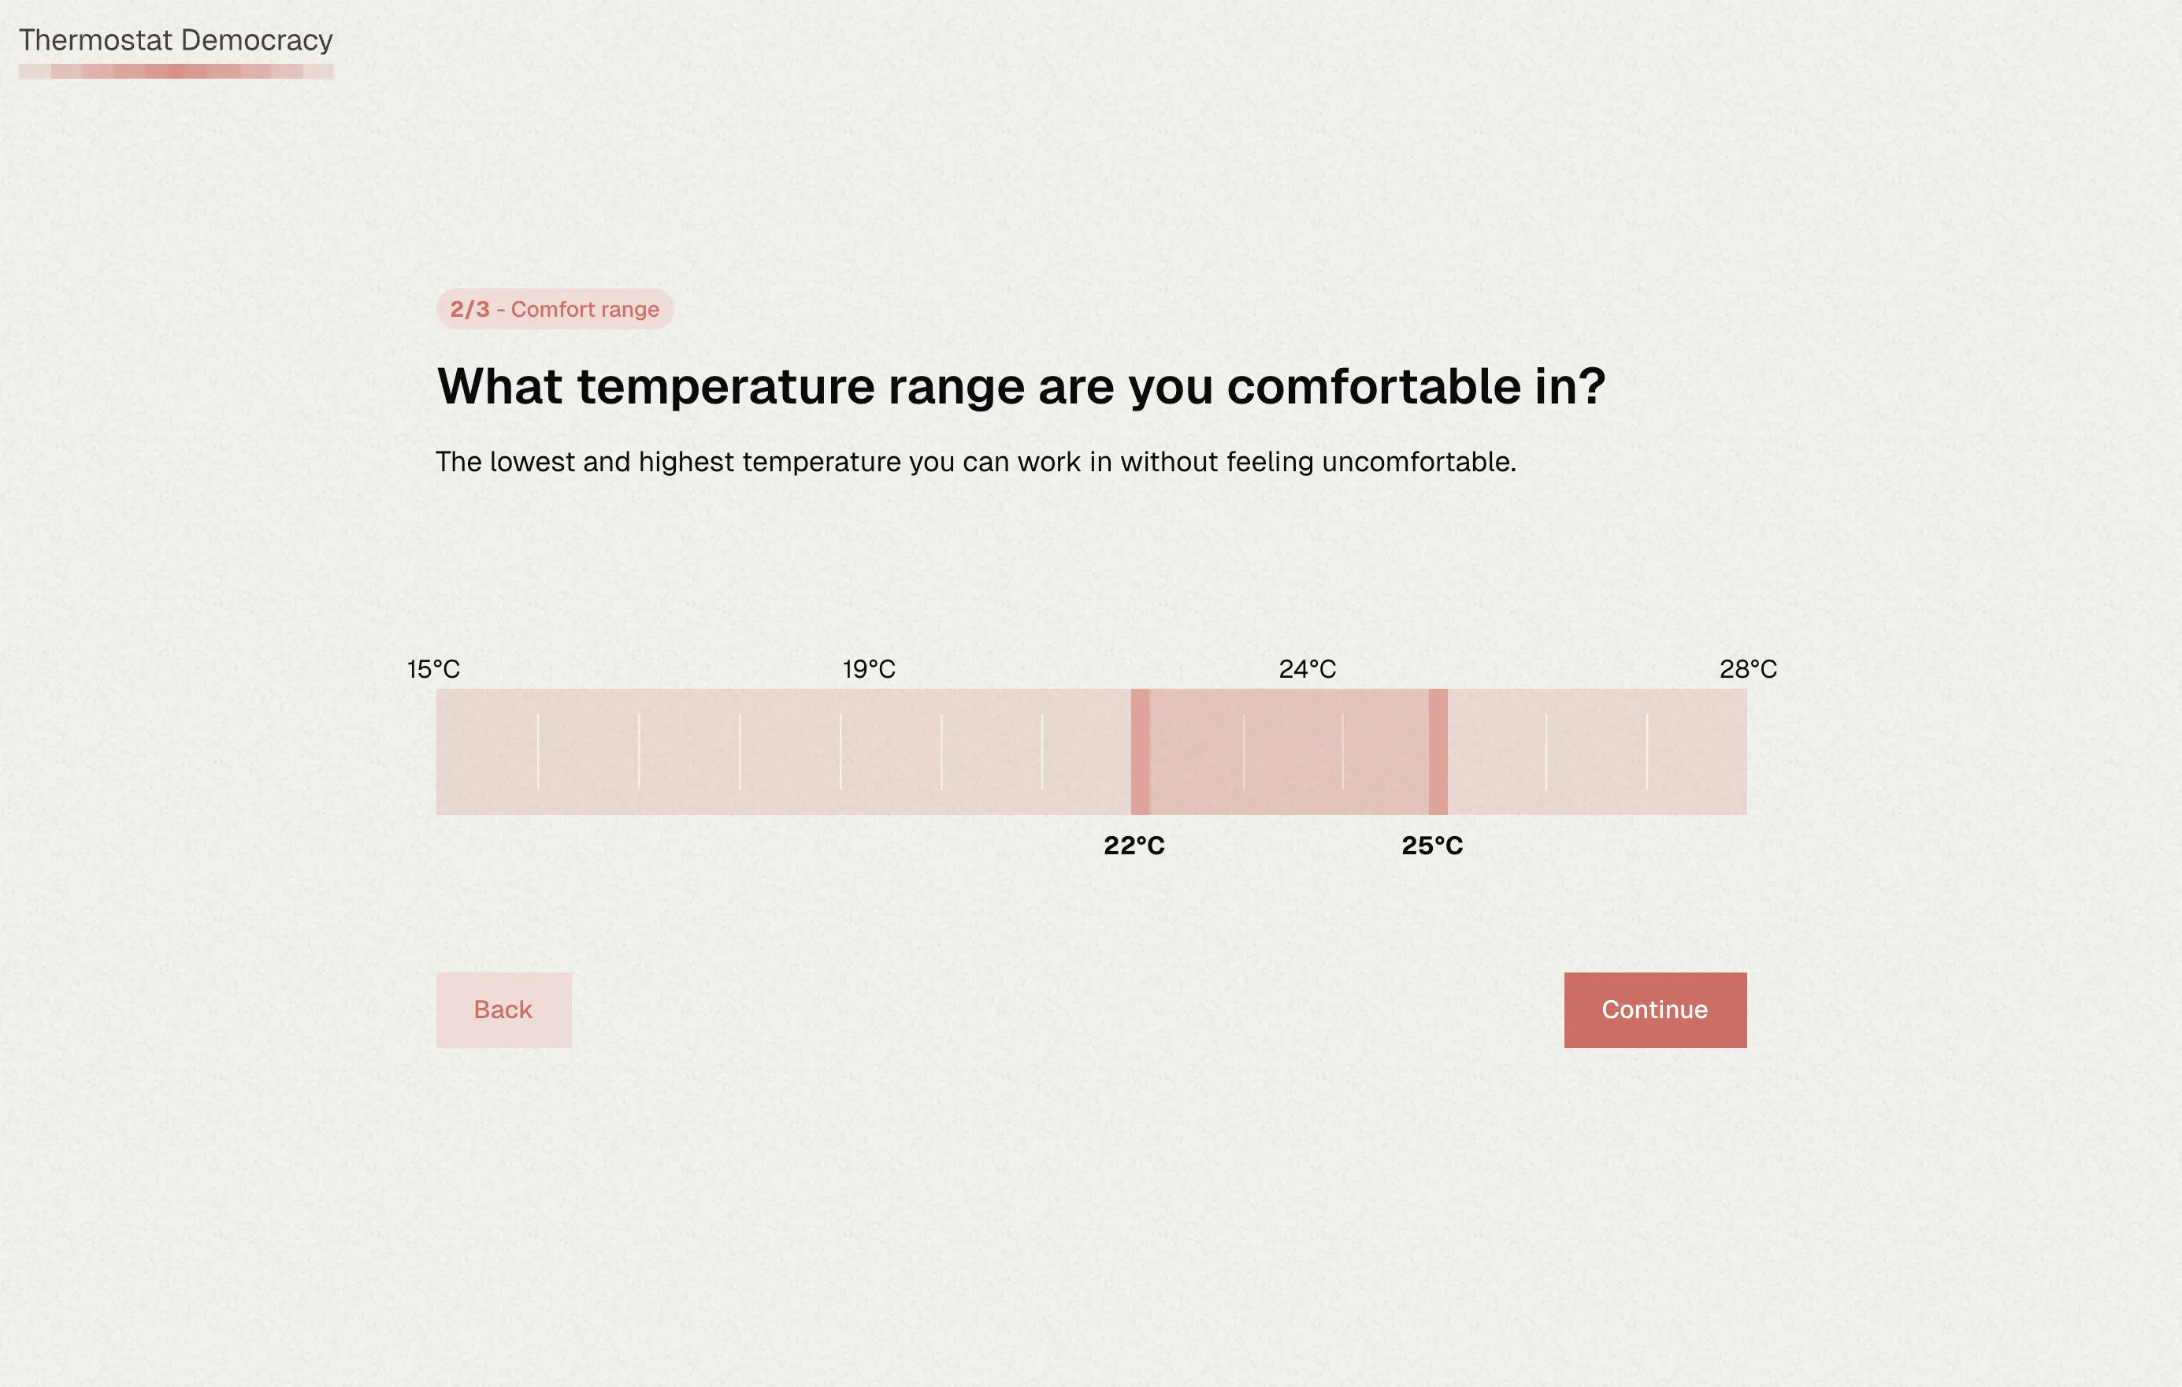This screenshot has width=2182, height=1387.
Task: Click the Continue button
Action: coord(1655,1010)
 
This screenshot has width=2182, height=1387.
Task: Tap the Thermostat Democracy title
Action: coord(176,41)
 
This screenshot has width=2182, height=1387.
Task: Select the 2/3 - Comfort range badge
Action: coord(555,309)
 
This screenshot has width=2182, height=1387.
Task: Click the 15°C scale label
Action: coord(433,669)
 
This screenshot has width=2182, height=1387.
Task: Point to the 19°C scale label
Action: coord(869,669)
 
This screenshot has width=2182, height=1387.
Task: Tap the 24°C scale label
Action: coord(1308,669)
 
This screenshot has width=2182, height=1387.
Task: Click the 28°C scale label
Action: coord(1748,669)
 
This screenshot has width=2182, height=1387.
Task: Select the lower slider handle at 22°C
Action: coord(1140,752)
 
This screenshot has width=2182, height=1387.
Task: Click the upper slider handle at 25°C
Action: coord(1438,752)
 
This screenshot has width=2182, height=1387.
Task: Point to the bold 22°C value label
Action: coord(1134,846)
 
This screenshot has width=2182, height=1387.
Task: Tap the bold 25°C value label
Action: coord(1432,846)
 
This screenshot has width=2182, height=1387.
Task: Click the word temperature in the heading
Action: coord(725,387)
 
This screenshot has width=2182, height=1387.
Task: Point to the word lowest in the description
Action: coord(533,462)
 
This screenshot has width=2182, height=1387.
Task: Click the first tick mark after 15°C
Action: coord(537,752)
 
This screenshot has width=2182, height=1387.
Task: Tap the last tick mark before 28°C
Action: coord(1646,752)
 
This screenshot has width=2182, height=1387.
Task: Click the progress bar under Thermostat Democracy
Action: coord(176,72)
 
